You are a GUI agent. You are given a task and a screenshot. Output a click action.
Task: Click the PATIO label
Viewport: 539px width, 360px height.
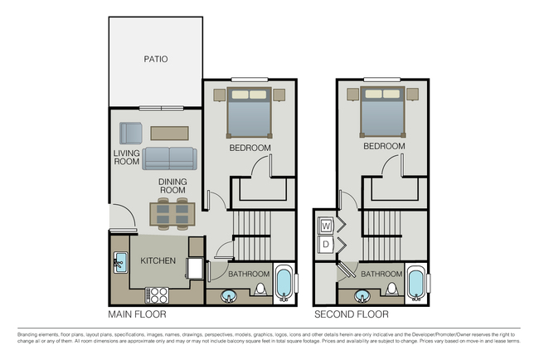(155, 60)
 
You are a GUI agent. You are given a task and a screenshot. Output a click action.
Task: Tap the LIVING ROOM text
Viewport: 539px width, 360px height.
(127, 157)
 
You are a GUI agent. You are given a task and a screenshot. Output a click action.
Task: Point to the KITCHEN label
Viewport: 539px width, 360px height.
(158, 261)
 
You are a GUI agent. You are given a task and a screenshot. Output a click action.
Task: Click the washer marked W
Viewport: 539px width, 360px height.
(326, 226)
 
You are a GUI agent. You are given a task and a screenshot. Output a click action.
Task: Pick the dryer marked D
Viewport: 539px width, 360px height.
(326, 244)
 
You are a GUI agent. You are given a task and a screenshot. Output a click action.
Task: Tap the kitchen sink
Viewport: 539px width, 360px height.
(119, 263)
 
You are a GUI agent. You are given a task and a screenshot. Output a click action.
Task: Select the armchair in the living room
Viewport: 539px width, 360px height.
(130, 133)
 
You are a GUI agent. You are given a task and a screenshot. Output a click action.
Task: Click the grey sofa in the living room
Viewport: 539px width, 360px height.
(170, 158)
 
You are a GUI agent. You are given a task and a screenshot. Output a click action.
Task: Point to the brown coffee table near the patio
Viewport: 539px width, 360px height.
(169, 133)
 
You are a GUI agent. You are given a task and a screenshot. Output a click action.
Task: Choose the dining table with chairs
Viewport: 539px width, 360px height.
(172, 214)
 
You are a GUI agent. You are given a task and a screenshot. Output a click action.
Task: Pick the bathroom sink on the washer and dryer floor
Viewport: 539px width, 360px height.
(362, 294)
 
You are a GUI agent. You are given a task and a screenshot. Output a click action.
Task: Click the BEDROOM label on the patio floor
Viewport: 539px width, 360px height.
(250, 148)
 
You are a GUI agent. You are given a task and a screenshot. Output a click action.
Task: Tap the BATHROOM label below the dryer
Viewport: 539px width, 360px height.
(381, 274)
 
